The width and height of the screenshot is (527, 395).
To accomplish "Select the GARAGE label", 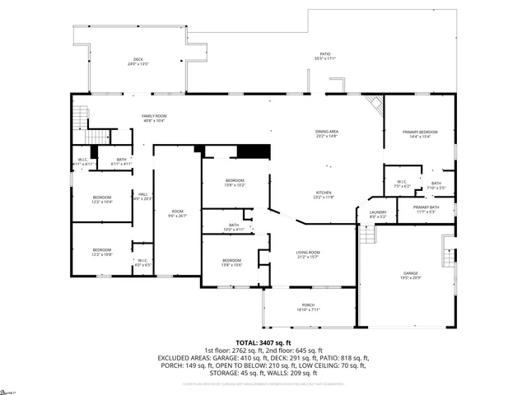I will tap(411, 275).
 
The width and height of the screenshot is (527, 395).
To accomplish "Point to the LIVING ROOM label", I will tap(309, 254).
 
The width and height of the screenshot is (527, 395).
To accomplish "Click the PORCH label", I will tap(309, 308).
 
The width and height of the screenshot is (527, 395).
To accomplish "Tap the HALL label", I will tap(142, 196).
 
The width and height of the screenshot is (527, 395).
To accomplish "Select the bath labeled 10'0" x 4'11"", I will tap(234, 226).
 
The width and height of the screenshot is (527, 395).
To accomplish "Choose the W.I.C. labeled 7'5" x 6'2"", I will tap(402, 184).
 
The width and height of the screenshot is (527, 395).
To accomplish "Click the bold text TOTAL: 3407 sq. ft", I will tap(263, 342).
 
